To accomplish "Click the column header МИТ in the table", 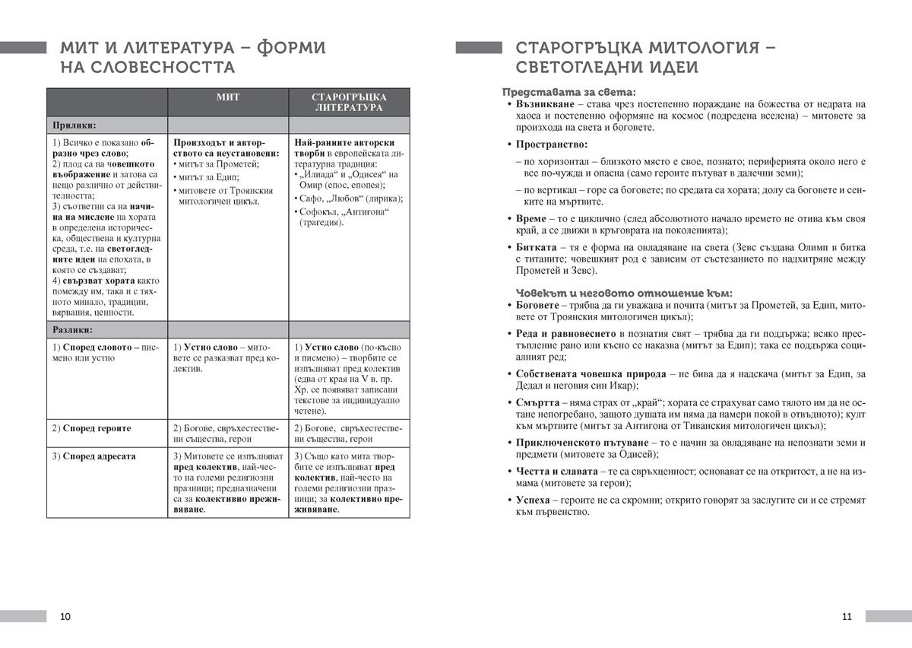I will coord(227,97).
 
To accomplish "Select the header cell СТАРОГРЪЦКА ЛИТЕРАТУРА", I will coord(349,103).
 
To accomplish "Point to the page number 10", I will coord(65,616).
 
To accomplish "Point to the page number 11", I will coord(847,616).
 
